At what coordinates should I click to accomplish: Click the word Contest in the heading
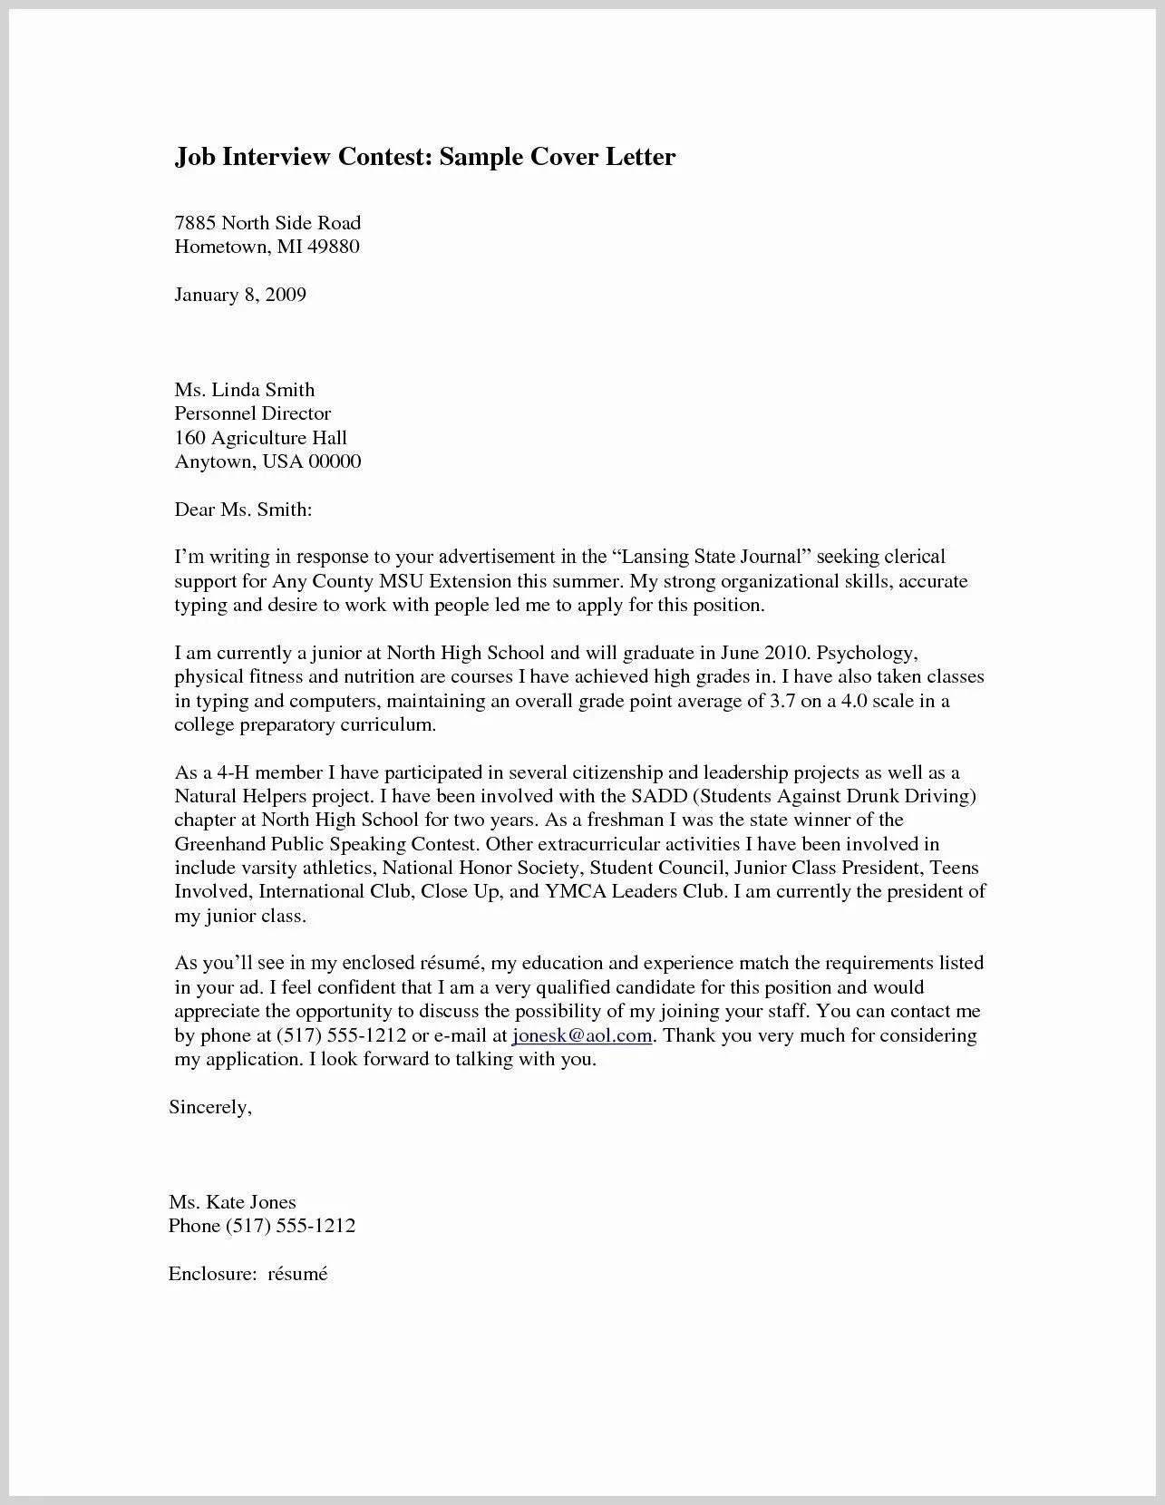coord(383,158)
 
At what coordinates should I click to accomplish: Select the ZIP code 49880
coord(333,247)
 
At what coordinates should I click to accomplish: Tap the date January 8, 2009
coord(240,295)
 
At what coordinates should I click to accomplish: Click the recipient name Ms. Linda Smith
coord(245,390)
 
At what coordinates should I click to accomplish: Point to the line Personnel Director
coord(253,413)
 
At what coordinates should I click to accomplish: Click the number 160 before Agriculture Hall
coord(190,438)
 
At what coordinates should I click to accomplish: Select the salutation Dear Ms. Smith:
coord(243,510)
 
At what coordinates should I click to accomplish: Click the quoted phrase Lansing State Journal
coord(712,557)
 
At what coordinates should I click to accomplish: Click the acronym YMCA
coord(574,891)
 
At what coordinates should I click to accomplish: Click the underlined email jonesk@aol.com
coord(582,1035)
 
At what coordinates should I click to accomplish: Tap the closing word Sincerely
coord(209,1107)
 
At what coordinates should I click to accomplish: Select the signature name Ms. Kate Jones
coord(232,1202)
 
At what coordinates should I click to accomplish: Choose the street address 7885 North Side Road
coord(267,223)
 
